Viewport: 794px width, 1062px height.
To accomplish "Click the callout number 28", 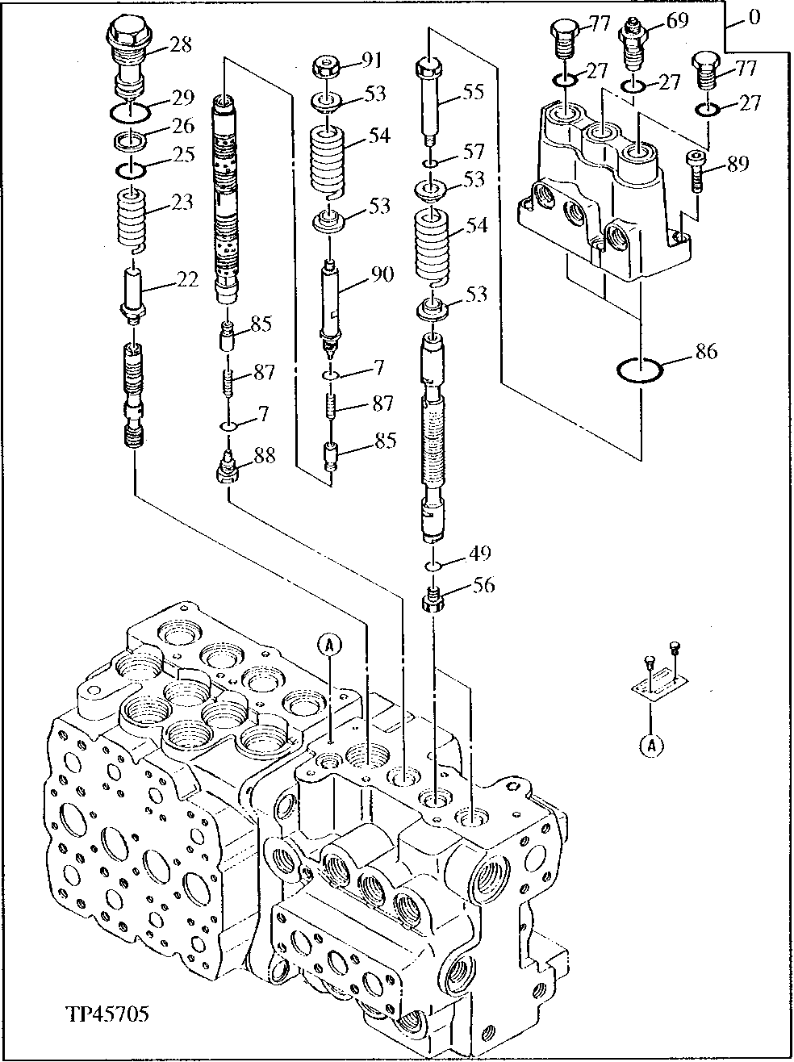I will click(x=182, y=44).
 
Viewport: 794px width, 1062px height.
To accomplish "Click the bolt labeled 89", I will click(x=696, y=171).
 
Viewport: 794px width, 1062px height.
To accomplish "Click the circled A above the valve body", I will click(x=329, y=643).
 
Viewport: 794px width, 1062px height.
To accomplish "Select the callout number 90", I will click(x=381, y=274).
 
